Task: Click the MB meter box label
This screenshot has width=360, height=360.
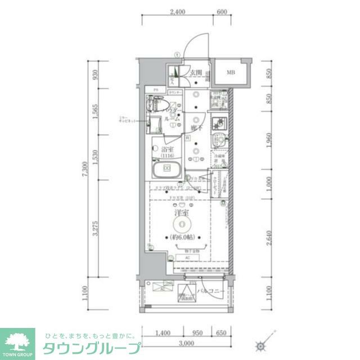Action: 231,72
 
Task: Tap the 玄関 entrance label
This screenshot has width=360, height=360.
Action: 195,72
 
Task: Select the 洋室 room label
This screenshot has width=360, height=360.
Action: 181,214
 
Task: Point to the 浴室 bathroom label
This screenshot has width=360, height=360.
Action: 166,151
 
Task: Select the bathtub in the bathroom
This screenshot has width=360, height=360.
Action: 166,169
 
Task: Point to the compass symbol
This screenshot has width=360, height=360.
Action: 260,345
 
